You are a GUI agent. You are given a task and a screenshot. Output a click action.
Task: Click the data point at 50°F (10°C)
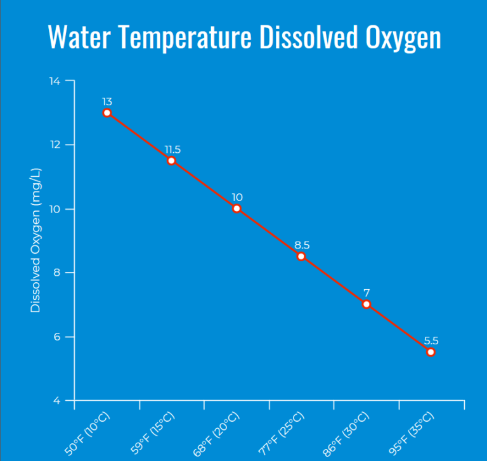tap(107, 113)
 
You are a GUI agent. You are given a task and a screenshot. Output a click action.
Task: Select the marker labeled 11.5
tap(171, 160)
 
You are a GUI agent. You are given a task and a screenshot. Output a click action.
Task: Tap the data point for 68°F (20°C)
tap(237, 209)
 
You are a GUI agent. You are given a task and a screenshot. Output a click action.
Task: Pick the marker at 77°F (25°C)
tap(301, 256)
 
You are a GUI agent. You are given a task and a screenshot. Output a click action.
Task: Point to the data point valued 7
tap(366, 304)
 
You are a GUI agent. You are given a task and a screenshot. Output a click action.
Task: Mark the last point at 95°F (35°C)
tap(431, 352)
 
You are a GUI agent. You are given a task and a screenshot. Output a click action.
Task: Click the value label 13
tap(107, 101)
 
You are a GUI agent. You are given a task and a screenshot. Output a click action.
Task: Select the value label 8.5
tap(302, 245)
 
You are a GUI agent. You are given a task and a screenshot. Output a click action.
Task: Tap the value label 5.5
tap(431, 341)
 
